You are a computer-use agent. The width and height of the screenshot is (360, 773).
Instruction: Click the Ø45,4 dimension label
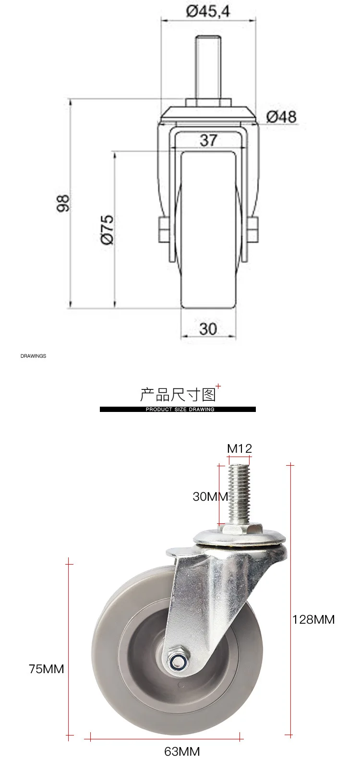(x=208, y=12)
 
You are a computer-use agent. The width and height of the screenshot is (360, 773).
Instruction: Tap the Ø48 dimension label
(x=281, y=117)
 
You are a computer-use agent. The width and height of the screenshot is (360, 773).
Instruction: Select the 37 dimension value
(x=208, y=140)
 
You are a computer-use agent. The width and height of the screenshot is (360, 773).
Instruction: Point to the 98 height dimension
(x=63, y=203)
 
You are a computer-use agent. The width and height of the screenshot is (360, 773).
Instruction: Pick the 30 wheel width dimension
(x=208, y=329)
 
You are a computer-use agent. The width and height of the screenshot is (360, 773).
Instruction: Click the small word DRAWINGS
(x=33, y=356)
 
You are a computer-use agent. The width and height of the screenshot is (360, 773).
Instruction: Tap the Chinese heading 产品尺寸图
(x=178, y=395)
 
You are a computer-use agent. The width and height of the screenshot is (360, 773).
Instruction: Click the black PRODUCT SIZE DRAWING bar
(x=178, y=409)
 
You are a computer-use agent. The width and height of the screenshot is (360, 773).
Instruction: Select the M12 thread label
(x=240, y=448)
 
